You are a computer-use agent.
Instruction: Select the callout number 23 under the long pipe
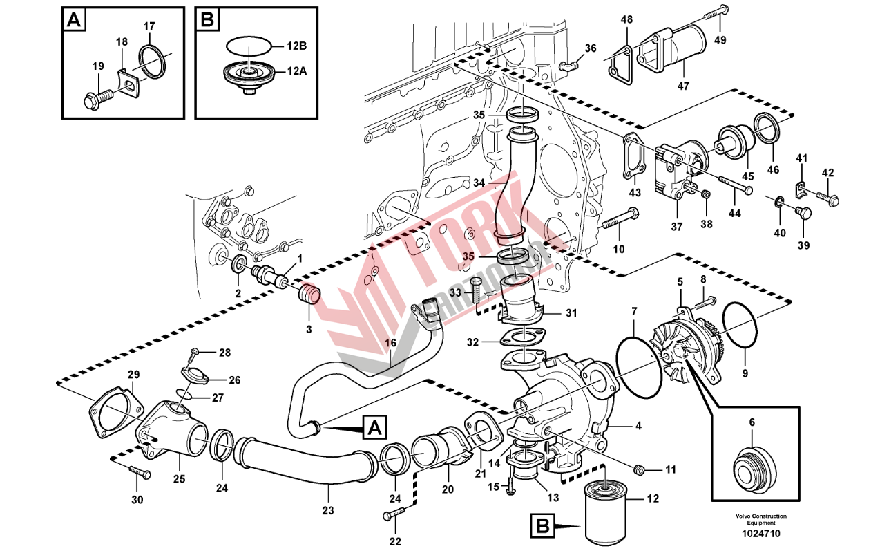(327, 511)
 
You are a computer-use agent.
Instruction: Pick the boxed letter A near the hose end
(374, 428)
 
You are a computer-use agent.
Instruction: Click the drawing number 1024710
(762, 534)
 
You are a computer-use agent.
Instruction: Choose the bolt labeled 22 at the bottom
(394, 514)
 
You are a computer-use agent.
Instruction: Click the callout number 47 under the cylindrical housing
(682, 86)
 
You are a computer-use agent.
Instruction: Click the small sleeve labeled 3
(309, 296)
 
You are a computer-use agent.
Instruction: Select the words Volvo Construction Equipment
(760, 519)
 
